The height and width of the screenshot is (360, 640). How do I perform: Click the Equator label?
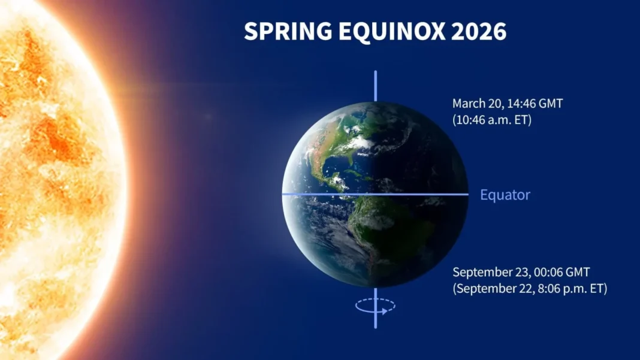pyautogui.click(x=505, y=195)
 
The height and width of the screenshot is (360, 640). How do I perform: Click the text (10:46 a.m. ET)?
pyautogui.click(x=492, y=119)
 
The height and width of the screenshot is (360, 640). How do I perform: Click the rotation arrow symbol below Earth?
pyautogui.click(x=375, y=306)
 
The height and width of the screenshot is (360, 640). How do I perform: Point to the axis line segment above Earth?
pyautogui.click(x=376, y=86)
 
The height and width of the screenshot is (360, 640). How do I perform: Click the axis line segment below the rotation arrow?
pyautogui.click(x=376, y=321)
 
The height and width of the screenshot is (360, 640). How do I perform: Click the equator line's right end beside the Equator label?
pyautogui.click(x=466, y=194)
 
